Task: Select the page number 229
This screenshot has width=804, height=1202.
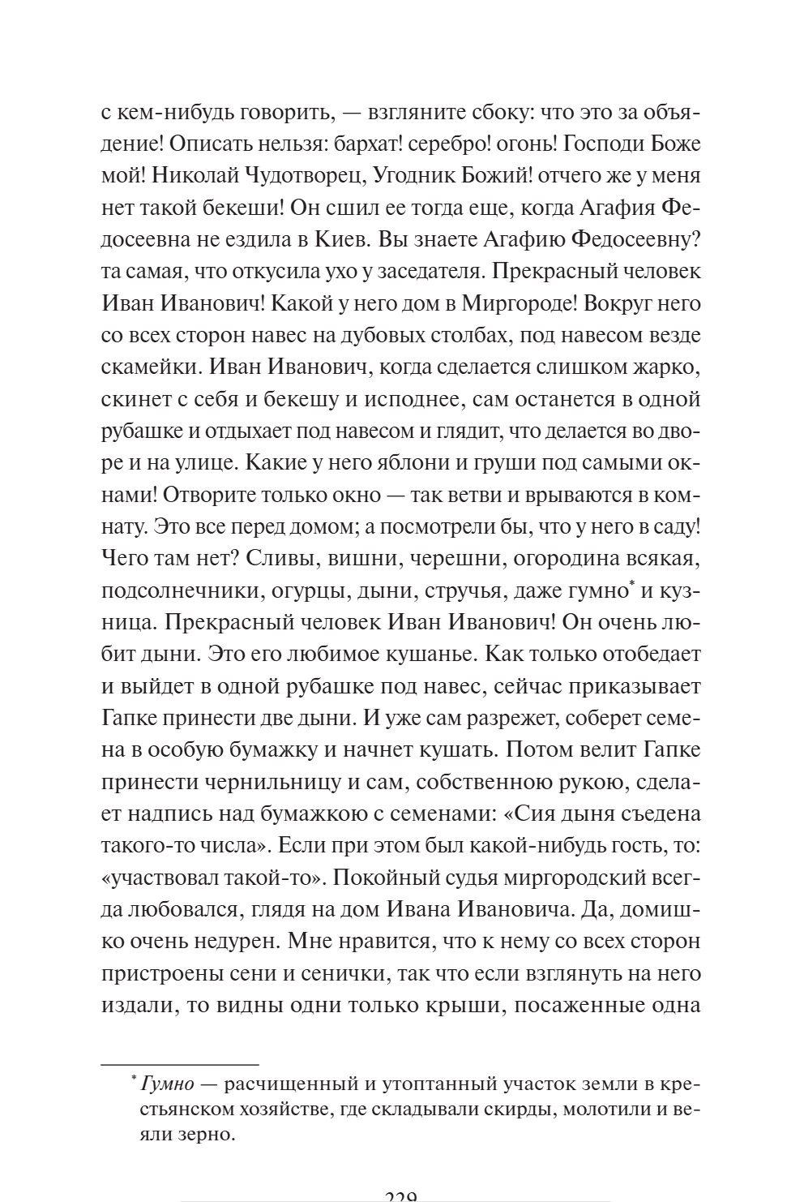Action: pos(400,1196)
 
